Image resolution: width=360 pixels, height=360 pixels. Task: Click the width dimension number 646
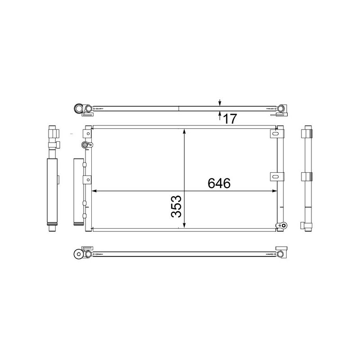pos(219,183)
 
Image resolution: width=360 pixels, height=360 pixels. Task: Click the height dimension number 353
pos(177,206)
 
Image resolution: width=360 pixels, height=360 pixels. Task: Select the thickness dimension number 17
pos(229,119)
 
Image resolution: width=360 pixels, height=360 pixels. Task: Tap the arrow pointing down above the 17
pos(220,102)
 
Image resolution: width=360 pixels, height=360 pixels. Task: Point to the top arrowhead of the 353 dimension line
pos(184,131)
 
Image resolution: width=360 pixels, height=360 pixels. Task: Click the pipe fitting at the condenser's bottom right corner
pos(281,225)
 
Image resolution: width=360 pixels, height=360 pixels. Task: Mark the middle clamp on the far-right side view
pos(308,177)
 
